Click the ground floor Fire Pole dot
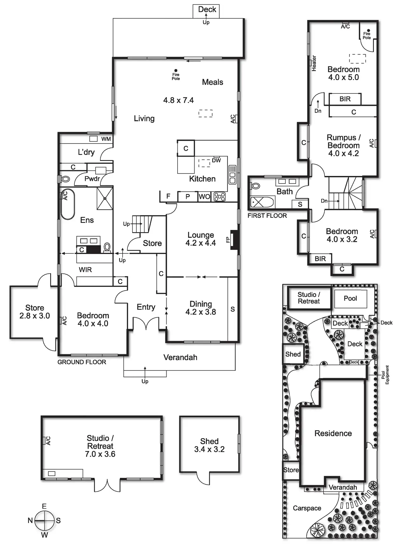[x=176, y=70]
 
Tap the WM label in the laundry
[x=106, y=139]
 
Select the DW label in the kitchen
[x=216, y=161]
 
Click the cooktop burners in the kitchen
[x=220, y=197]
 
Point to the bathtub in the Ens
[x=68, y=204]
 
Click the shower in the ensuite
[x=105, y=198]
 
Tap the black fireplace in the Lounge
[x=234, y=239]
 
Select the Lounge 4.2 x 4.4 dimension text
[x=200, y=243]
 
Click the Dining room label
[x=200, y=304]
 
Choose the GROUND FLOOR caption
[x=82, y=362]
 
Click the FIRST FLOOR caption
[x=267, y=216]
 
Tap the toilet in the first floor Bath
[x=255, y=186]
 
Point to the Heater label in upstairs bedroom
[x=314, y=63]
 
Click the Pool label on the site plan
[x=350, y=298]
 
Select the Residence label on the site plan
[x=333, y=433]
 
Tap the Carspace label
[x=307, y=508]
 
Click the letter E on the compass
[x=44, y=506]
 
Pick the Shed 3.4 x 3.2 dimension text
[x=209, y=449]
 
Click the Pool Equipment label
[x=385, y=375]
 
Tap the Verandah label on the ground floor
[x=180, y=358]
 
